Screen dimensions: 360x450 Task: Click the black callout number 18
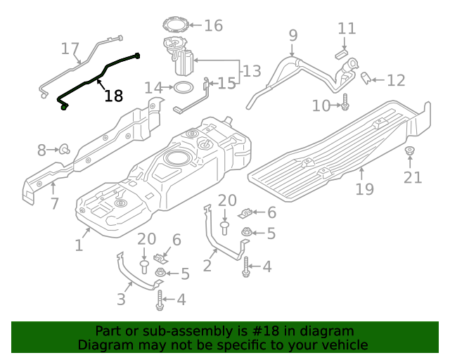click(x=113, y=96)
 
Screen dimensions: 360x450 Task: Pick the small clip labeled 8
click(x=65, y=149)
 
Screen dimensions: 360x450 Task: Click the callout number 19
click(x=364, y=188)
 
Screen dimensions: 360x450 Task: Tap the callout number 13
click(x=252, y=70)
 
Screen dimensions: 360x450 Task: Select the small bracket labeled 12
click(x=366, y=78)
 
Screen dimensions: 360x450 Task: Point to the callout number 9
click(x=292, y=34)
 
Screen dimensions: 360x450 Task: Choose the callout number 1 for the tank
click(x=79, y=245)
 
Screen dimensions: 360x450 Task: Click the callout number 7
click(x=53, y=205)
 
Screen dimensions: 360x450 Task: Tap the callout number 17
click(x=70, y=49)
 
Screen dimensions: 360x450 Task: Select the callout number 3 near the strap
click(x=121, y=299)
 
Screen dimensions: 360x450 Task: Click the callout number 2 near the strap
click(x=207, y=265)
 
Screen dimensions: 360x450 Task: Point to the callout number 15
click(x=226, y=84)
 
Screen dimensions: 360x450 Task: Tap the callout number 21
click(x=412, y=177)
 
